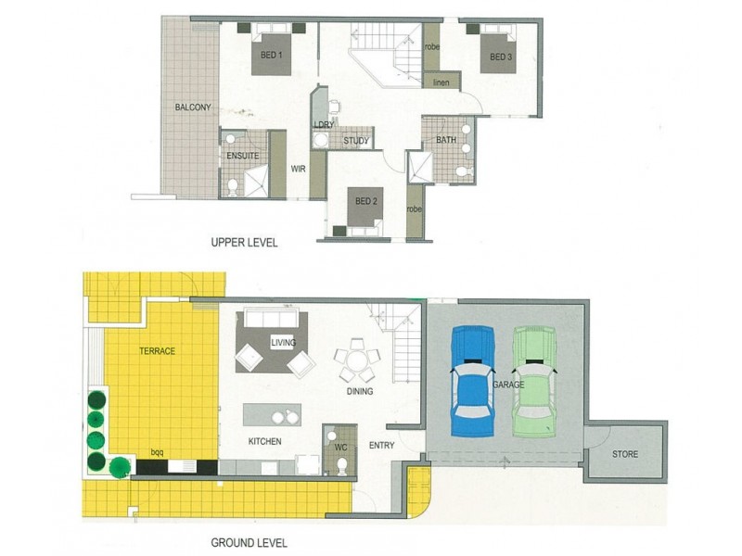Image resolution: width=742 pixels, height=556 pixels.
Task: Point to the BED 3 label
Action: [501, 57]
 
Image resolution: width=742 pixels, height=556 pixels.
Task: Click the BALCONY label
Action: [193, 107]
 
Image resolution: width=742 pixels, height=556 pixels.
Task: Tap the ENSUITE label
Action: [243, 156]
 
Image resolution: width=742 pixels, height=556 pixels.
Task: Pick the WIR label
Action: [299, 170]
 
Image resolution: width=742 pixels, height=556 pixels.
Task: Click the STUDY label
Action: [356, 142]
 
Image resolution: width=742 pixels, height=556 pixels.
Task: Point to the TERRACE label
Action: [158, 351]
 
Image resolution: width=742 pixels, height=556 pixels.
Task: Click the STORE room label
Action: [625, 454]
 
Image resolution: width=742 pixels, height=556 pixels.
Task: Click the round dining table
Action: [357, 360]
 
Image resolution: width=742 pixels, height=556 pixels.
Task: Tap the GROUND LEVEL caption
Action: [248, 543]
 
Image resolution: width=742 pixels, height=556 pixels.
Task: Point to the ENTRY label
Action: [381, 446]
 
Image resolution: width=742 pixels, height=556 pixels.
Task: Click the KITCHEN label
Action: [264, 441]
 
